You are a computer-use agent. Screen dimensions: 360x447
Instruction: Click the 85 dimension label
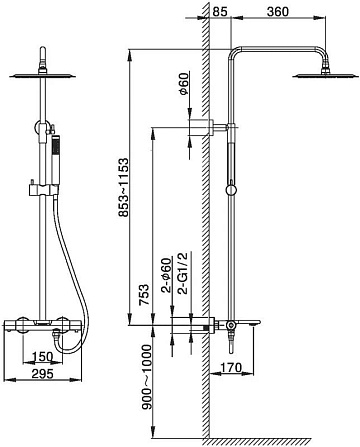[x=220, y=11]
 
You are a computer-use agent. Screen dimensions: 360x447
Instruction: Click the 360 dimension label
[x=278, y=11]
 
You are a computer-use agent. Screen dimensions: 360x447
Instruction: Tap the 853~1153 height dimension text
[x=123, y=188]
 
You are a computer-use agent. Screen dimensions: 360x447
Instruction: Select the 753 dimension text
[x=144, y=295]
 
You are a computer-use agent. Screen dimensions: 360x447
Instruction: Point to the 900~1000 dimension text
[x=146, y=377]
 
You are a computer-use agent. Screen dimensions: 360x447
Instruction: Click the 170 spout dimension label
[x=231, y=367]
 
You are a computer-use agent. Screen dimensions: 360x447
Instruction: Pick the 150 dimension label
[x=42, y=357]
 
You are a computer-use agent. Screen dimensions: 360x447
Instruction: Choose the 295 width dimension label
[x=42, y=374]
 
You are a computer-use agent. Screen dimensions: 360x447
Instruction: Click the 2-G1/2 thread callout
[x=183, y=273]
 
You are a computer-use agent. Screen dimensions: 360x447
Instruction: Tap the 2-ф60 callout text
[x=166, y=275]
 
